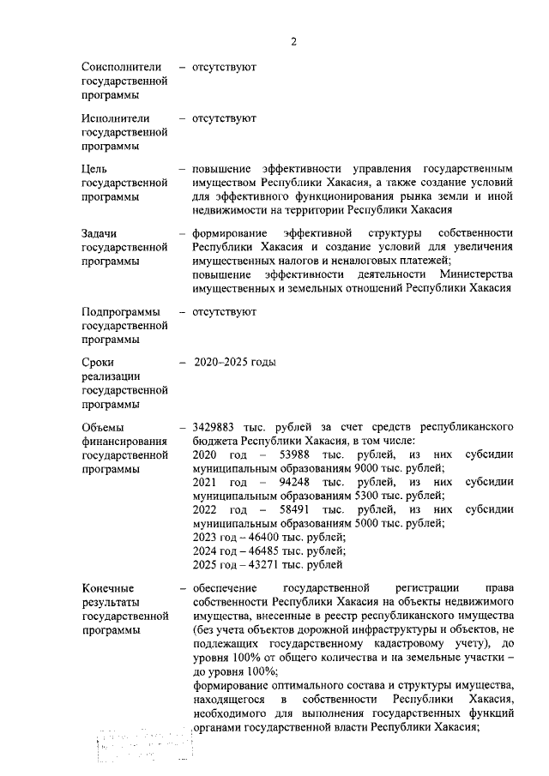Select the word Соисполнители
pos(122,66)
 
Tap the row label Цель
pos(94,169)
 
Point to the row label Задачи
pos(100,234)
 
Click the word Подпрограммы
pos(122,312)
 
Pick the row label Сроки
pos(98,363)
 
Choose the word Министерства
pos(472,274)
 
